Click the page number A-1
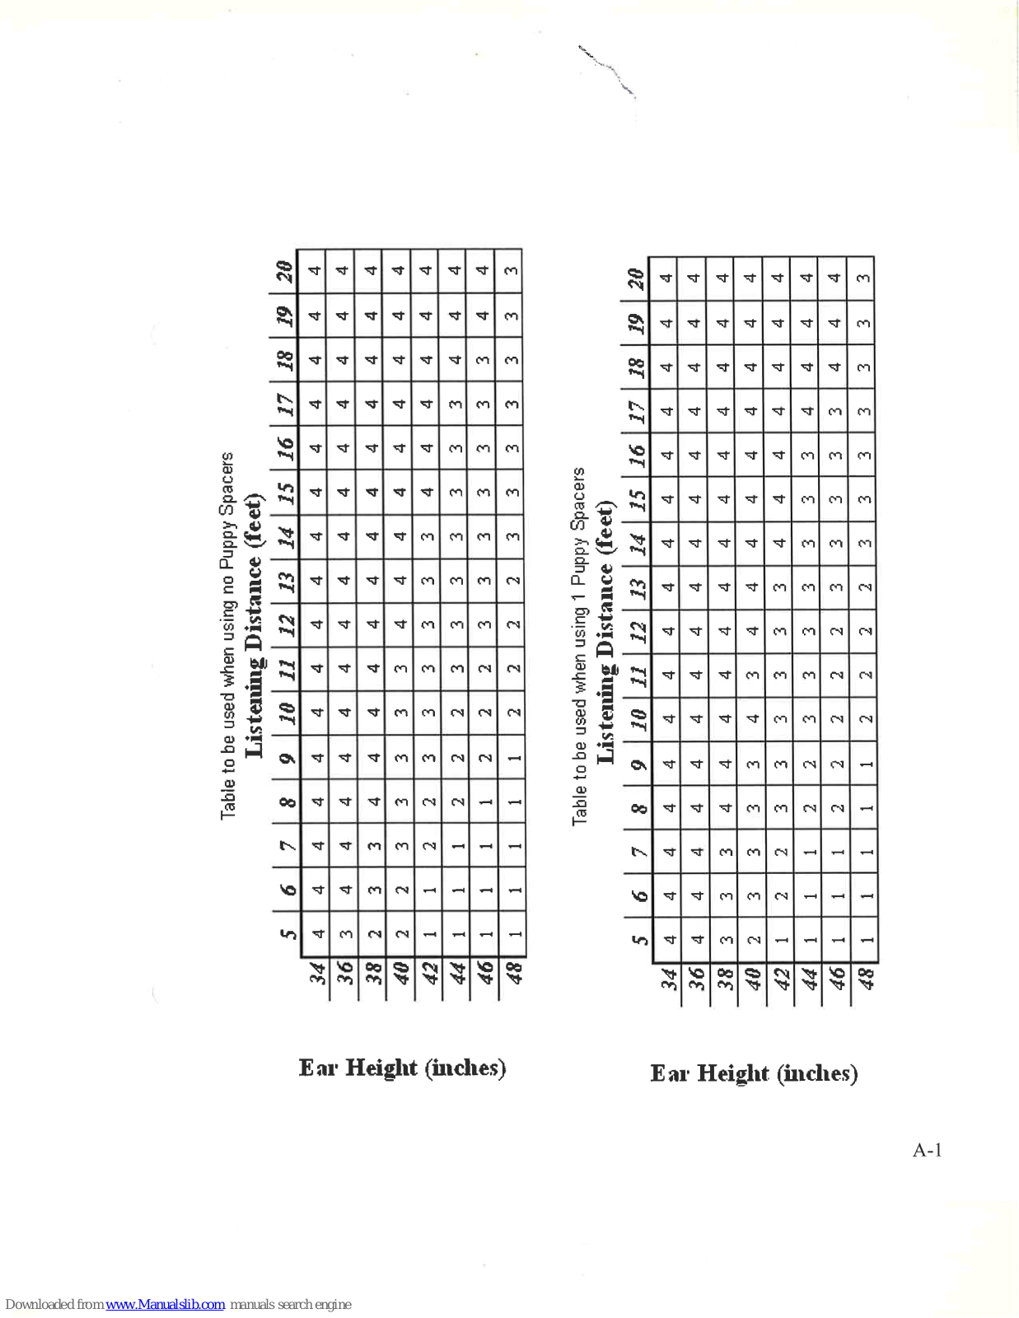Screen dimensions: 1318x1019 pyautogui.click(x=927, y=1150)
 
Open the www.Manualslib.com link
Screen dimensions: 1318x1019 pyautogui.click(x=165, y=1305)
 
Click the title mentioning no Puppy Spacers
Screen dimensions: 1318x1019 pyautogui.click(x=227, y=635)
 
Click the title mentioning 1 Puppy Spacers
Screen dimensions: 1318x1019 pyautogui.click(x=579, y=646)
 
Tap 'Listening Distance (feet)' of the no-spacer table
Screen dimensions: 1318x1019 pyautogui.click(x=255, y=625)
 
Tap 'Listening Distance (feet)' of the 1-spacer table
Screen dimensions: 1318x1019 pyautogui.click(x=605, y=632)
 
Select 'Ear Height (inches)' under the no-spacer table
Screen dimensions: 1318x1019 pyautogui.click(x=402, y=1068)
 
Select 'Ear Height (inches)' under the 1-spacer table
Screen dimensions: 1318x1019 pyautogui.click(x=754, y=1073)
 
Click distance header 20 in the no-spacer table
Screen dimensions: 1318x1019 pyautogui.click(x=284, y=270)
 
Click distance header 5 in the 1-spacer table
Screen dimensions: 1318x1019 pyautogui.click(x=638, y=939)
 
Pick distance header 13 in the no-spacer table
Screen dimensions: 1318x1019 pyautogui.click(x=285, y=581)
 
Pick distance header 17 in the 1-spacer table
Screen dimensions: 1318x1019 pyautogui.click(x=636, y=411)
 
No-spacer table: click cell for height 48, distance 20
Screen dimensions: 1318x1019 pyautogui.click(x=511, y=270)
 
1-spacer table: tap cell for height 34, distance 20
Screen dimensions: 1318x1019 pyautogui.click(x=666, y=278)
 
